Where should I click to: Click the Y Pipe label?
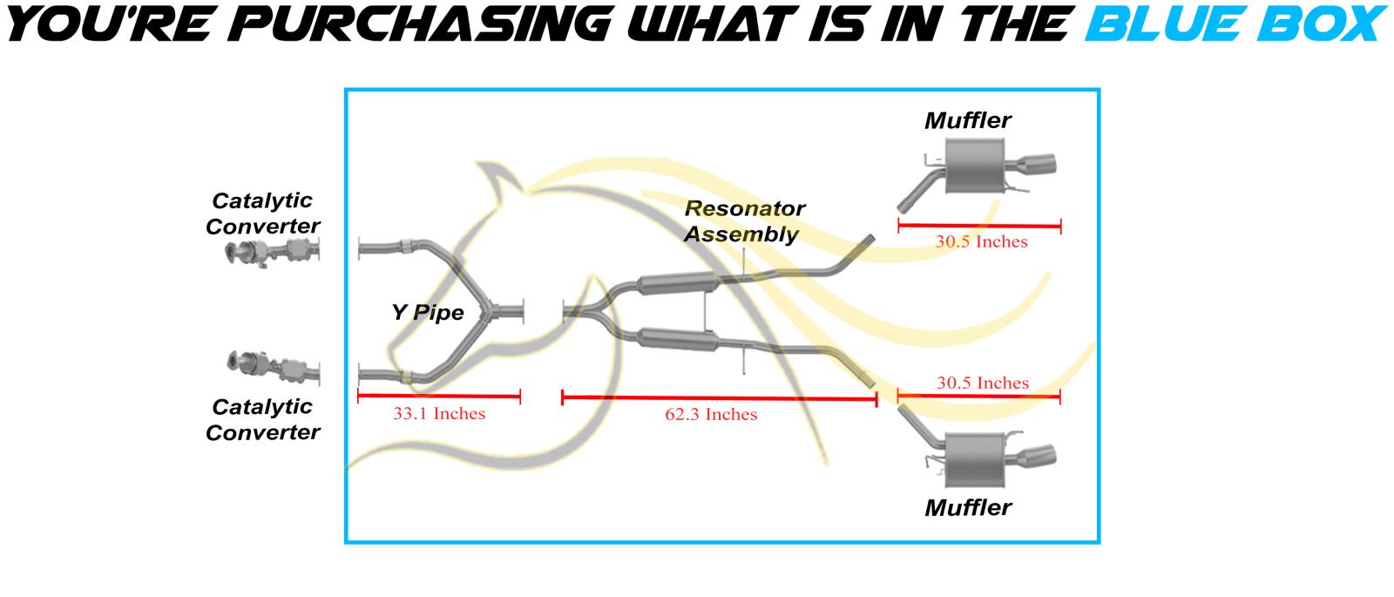point(428,312)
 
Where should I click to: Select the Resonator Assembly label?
point(744,221)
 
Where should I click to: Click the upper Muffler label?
point(967,120)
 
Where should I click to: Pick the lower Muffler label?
point(967,507)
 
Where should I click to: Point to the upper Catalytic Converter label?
point(262,214)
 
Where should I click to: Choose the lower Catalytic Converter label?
point(262,419)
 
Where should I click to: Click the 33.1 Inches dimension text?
point(438,414)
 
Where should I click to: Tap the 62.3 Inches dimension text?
point(711,415)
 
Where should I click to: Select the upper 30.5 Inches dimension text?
point(981,242)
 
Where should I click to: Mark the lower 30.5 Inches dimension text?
point(982,383)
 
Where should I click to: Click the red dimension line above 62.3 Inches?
point(719,399)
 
